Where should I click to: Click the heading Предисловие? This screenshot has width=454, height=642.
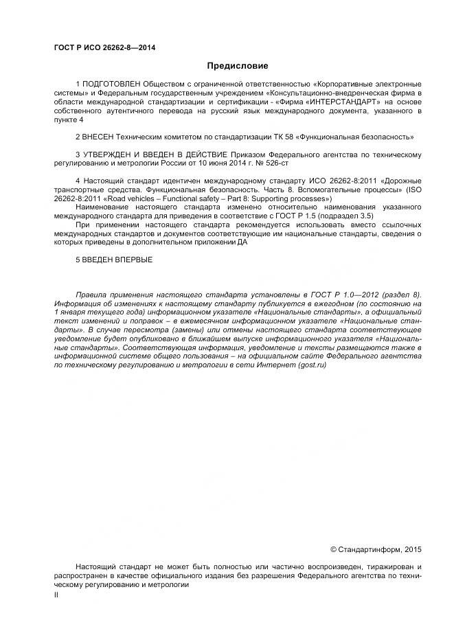tap(238, 66)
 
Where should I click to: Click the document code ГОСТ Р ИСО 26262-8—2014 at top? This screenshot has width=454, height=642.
tap(104, 47)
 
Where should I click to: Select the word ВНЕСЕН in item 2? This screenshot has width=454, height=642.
tap(100, 137)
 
